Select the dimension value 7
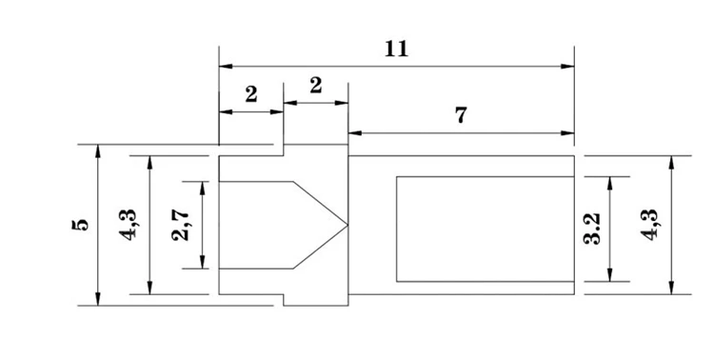pyautogui.click(x=461, y=116)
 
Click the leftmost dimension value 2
pyautogui.click(x=251, y=94)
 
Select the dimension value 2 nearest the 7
pyautogui.click(x=315, y=86)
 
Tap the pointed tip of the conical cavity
pyautogui.click(x=347, y=225)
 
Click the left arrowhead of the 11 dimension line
pyautogui.click(x=225, y=67)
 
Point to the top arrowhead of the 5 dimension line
pyautogui.click(x=100, y=150)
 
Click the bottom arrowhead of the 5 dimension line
pyautogui.click(x=100, y=300)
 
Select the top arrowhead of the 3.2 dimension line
pyautogui.click(x=610, y=181)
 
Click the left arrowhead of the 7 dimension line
pyautogui.click(x=353, y=132)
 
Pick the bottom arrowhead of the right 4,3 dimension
pyautogui.click(x=672, y=290)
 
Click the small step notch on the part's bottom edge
pyautogui.click(x=285, y=300)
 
